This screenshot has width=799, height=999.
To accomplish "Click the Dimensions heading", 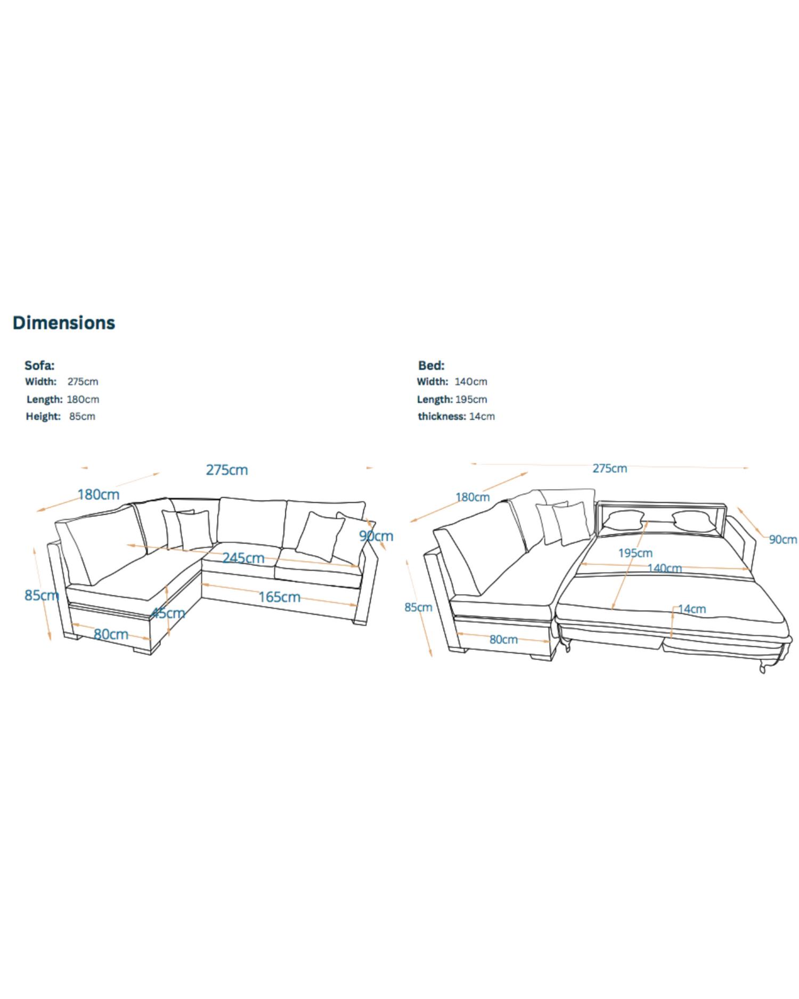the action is pos(64,323).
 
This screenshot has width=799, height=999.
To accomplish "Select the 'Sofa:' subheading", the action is pos(39,366).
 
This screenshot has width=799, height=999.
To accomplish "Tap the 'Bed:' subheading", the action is pos(431,366).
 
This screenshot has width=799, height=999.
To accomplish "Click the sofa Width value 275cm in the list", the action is pos(83,381).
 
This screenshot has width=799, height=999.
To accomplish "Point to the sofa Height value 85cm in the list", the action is pos(82,416).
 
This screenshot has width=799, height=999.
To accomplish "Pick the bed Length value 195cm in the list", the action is pos(471,399).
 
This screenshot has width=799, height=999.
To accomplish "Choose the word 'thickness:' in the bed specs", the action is pos(442,416).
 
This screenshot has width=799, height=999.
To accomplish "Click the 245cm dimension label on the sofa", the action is pos(243,558).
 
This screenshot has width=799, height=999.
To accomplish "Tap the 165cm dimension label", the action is pos(279,597).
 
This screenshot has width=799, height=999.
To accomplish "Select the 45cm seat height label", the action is pos(168,613).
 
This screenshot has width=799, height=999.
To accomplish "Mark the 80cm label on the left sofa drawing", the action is pos(111,634).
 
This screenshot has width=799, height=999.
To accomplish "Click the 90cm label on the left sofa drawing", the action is pos(376,536).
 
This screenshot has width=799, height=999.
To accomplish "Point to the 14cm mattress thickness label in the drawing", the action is pos(692,608).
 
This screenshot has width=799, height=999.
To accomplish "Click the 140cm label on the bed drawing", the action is pos(664,568).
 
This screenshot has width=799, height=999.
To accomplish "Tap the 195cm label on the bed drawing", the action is pos(635,553).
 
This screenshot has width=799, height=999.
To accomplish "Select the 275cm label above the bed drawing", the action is pos(610,468).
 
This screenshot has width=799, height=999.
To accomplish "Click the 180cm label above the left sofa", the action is pos(99,494).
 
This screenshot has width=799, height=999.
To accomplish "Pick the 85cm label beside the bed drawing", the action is pos(418,607).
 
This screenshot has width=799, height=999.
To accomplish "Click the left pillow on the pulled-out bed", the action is pos(624,521).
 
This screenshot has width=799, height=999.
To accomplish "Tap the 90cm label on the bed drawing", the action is pos(782,539).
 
